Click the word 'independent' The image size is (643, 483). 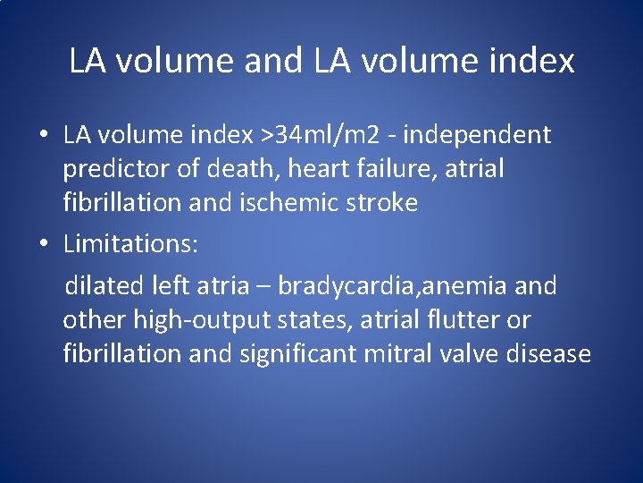point(478,135)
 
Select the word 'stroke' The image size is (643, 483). point(381,203)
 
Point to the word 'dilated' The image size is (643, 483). point(105,286)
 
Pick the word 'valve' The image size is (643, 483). point(469,354)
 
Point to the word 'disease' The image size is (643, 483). point(549,354)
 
